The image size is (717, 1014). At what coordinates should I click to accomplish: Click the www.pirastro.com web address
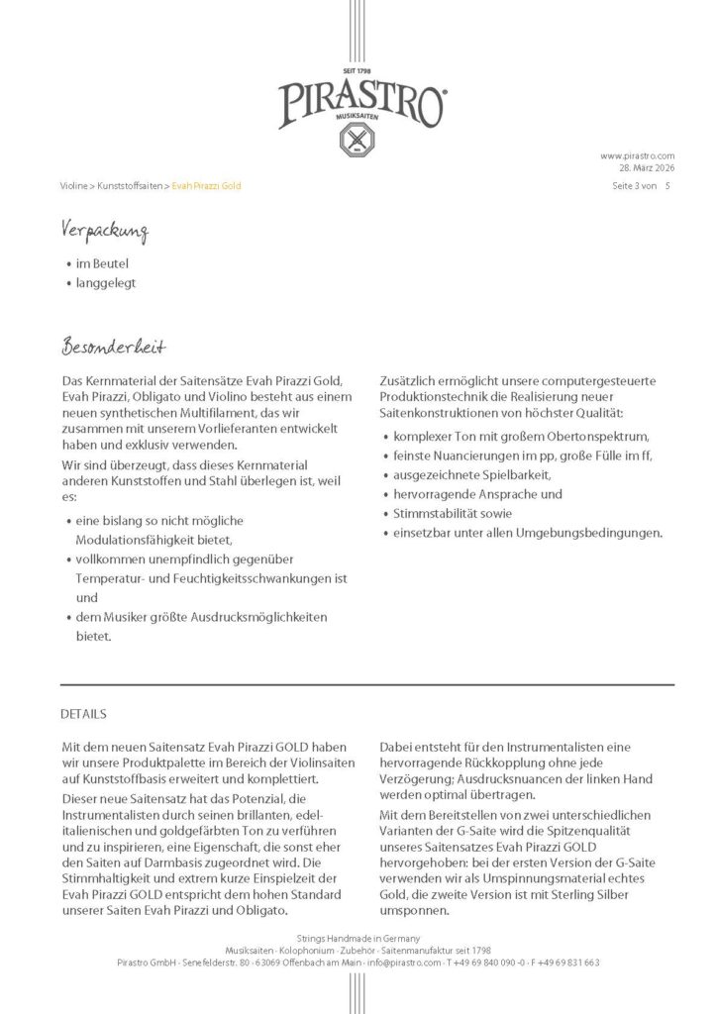(x=637, y=155)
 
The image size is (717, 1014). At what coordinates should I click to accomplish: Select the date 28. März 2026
(x=647, y=168)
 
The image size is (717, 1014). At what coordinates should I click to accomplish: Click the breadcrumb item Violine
(x=73, y=186)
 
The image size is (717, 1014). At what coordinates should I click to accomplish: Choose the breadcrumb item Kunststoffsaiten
(x=129, y=186)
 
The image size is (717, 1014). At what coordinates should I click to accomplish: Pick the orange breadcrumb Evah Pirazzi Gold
(x=206, y=186)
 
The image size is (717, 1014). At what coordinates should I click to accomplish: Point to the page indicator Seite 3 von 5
(x=642, y=186)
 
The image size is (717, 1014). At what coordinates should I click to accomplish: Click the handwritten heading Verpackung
(x=104, y=233)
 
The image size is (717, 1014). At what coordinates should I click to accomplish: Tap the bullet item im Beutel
(x=102, y=264)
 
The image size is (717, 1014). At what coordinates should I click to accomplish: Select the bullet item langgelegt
(x=106, y=283)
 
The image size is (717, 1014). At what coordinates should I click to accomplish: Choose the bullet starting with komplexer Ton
(x=520, y=436)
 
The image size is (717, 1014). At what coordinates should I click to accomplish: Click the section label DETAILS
(x=83, y=714)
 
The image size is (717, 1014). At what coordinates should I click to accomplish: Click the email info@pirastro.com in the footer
(x=404, y=962)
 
